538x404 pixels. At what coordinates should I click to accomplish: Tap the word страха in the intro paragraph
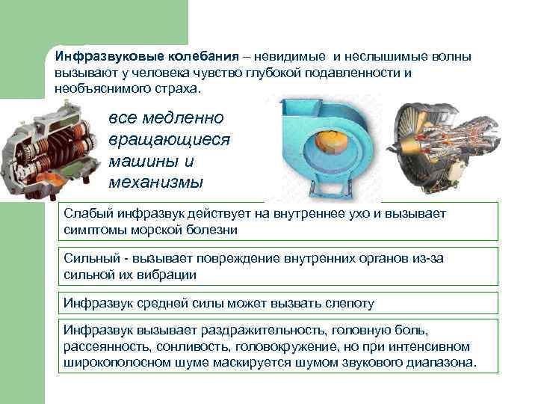175,88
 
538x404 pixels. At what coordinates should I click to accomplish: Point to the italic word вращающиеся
170,140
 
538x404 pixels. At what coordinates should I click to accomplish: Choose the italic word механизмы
155,182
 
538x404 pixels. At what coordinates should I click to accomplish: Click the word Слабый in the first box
85,214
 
